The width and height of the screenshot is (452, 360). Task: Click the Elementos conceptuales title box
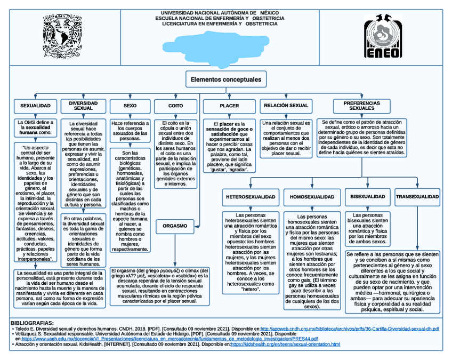pyautogui.click(x=226, y=79)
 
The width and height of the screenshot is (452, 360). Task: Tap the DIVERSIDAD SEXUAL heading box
pyautogui.click(x=83, y=105)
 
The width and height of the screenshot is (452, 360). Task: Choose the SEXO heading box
pyautogui.click(x=130, y=106)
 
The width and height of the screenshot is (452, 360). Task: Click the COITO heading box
pyautogui.click(x=175, y=106)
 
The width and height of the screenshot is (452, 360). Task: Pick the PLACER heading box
pyautogui.click(x=229, y=106)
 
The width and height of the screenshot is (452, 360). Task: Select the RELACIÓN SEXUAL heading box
pyautogui.click(x=286, y=106)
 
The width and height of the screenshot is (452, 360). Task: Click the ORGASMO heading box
pyautogui.click(x=175, y=226)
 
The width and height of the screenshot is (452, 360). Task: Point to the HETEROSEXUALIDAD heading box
pyautogui.click(x=251, y=197)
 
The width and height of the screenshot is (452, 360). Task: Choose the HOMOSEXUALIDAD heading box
pyautogui.click(x=312, y=197)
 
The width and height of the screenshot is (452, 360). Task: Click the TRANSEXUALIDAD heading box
pyautogui.click(x=417, y=197)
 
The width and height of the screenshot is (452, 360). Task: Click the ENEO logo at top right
pyautogui.click(x=382, y=36)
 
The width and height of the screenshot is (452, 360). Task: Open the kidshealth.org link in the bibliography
pyautogui.click(x=285, y=345)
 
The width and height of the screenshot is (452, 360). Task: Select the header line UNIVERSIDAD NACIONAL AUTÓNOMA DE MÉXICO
pyautogui.click(x=223, y=12)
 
